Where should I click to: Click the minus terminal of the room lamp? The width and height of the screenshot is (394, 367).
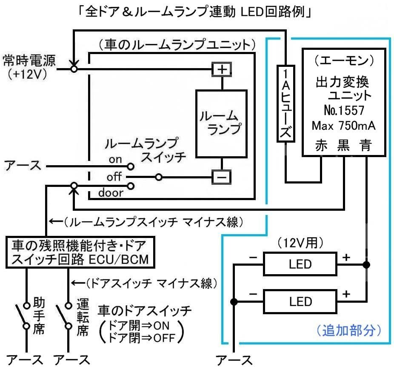click(221, 177)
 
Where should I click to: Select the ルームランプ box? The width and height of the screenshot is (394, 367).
click(221, 123)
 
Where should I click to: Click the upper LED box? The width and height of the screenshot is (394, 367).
click(300, 264)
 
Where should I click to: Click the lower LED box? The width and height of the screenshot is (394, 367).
click(300, 302)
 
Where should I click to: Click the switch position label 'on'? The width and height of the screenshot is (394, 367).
click(115, 160)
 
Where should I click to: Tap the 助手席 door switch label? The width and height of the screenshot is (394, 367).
click(38, 317)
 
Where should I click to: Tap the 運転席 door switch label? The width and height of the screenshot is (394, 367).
click(82, 317)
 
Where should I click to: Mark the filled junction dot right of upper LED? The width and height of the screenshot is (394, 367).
click(366, 264)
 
